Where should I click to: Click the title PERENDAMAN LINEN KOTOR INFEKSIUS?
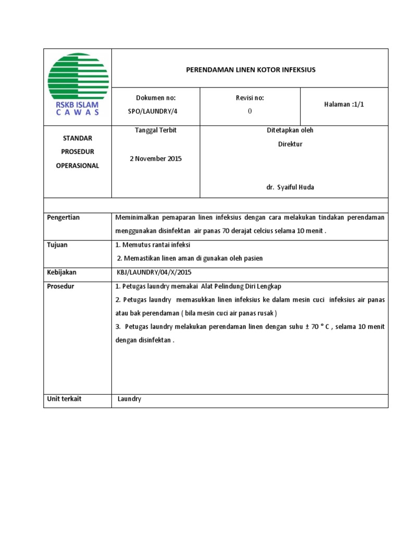(x=251, y=69)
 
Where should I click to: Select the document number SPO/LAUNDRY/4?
(x=156, y=111)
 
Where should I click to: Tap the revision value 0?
(x=249, y=111)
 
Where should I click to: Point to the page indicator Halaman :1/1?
(x=344, y=105)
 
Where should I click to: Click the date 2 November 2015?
(x=156, y=159)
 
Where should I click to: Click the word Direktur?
(x=290, y=144)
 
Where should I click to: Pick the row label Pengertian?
(x=64, y=218)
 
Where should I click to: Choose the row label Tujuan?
(x=58, y=245)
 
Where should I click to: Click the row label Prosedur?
(x=60, y=286)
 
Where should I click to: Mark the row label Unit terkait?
(x=65, y=399)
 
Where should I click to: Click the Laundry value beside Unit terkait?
(x=129, y=400)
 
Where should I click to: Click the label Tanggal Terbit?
(x=156, y=131)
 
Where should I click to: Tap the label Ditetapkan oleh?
(x=290, y=131)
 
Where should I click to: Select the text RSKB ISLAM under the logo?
(x=77, y=105)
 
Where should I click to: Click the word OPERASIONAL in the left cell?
(x=78, y=166)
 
